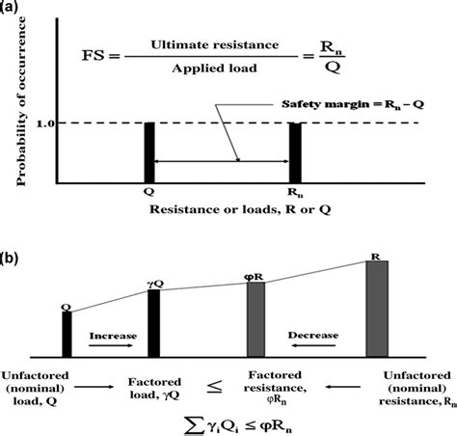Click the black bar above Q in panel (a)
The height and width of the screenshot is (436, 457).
(149, 152)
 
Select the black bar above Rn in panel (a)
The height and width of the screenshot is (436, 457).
(295, 152)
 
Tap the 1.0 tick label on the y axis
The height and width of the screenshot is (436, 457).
(45, 123)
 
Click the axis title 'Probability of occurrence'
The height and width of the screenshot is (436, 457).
(21, 101)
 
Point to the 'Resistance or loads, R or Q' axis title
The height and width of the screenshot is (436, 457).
(240, 209)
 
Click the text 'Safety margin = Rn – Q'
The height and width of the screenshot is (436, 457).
(353, 104)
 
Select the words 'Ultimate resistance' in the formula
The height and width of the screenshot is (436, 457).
(215, 45)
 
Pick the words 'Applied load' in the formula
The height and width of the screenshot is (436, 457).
(214, 68)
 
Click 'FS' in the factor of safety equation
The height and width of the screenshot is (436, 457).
(94, 56)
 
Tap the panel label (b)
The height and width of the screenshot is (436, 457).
(9, 259)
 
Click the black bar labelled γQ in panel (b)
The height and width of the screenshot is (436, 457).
(153, 323)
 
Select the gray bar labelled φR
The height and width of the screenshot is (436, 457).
(255, 319)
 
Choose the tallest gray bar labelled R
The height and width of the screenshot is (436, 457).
(377, 309)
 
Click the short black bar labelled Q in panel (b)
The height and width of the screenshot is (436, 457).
(67, 335)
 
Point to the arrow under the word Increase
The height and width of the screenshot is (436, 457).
(111, 345)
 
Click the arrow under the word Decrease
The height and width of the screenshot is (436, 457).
(313, 345)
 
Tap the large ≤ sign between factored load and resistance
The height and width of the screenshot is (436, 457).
(214, 388)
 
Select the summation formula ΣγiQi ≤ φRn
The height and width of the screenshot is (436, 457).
(238, 426)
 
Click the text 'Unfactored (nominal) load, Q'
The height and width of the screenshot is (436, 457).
(35, 389)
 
